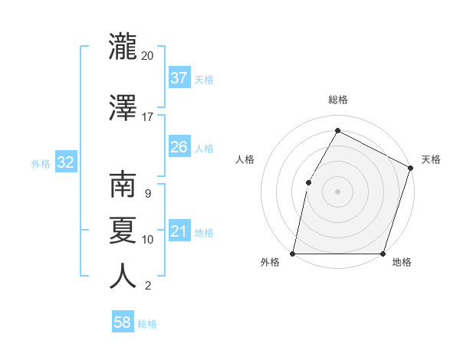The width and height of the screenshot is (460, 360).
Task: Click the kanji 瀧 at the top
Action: tap(123, 47)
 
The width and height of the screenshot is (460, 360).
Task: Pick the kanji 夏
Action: tap(123, 230)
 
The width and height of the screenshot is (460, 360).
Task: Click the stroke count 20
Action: tap(148, 56)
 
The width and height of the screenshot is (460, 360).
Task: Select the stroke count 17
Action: tap(148, 116)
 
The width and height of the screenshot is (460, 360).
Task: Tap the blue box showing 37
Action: tap(179, 78)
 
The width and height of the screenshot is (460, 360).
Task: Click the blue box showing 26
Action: tap(179, 147)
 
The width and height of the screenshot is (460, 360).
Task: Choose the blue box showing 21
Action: tap(179, 231)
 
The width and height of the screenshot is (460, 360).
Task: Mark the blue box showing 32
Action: tap(65, 162)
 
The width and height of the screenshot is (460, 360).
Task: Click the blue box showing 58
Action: tap(123, 322)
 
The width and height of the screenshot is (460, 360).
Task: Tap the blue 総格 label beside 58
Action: tap(147, 324)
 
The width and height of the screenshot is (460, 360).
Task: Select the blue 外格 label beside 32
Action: tap(41, 163)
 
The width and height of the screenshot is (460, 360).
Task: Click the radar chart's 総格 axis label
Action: tap(337, 100)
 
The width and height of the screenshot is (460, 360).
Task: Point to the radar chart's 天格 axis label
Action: tap(431, 159)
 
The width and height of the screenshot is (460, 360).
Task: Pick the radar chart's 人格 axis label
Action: tap(245, 159)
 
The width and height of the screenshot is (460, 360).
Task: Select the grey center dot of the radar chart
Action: tap(337, 191)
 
